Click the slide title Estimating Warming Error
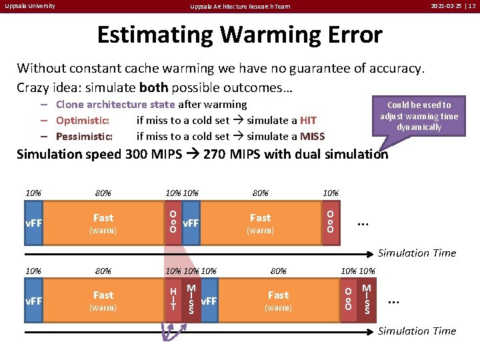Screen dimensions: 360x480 click(x=240, y=34)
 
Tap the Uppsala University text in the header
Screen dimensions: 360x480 click(x=29, y=6)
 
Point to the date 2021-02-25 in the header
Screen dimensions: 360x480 click(x=447, y=6)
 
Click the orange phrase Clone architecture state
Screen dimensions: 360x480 click(x=115, y=104)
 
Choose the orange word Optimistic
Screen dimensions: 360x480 click(x=83, y=120)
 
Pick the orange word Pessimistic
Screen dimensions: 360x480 click(x=85, y=136)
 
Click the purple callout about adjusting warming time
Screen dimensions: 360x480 click(x=419, y=116)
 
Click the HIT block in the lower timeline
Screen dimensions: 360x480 click(x=173, y=299)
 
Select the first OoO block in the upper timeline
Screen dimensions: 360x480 click(x=173, y=222)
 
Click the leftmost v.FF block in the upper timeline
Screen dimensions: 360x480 click(x=34, y=222)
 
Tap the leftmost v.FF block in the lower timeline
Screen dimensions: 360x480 click(x=34, y=300)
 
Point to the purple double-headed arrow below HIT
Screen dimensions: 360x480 click(x=171, y=331)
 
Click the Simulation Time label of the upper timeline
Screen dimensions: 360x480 click(x=417, y=253)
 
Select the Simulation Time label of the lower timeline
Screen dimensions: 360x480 click(x=417, y=331)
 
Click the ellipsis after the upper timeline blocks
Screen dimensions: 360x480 click(x=364, y=222)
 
